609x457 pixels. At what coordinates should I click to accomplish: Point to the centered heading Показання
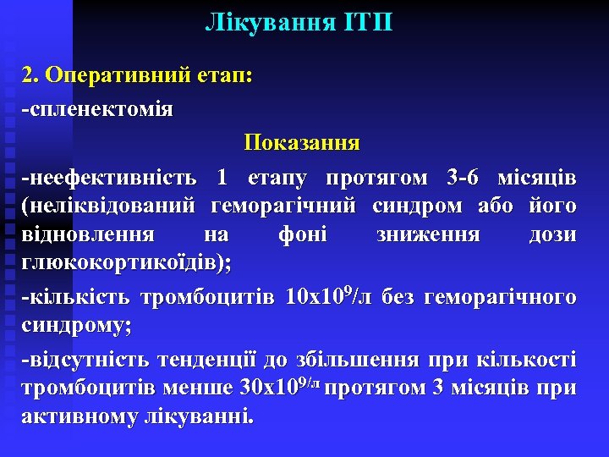click(x=302, y=144)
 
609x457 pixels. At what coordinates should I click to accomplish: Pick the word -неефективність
click(x=111, y=179)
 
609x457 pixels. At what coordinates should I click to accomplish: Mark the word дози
click(x=553, y=234)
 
